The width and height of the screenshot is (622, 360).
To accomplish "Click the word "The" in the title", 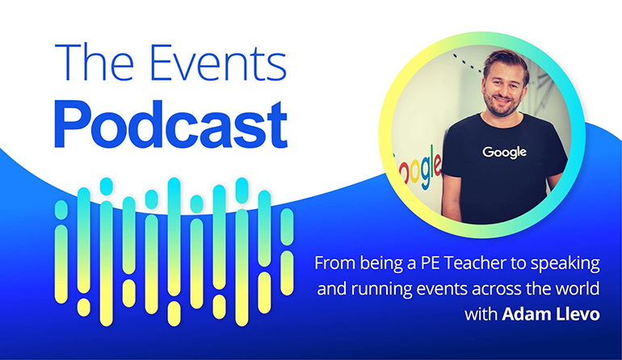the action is tap(95, 61).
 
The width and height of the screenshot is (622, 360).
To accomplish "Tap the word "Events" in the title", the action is tap(218, 61).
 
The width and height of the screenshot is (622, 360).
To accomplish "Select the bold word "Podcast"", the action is tap(170, 124).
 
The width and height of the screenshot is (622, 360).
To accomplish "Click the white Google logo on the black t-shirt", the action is tap(504, 153).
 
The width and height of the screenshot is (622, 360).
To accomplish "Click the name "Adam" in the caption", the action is tap(526, 314).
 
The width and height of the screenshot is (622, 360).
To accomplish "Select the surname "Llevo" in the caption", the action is tap(578, 314).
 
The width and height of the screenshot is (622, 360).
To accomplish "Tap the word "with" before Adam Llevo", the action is tap(481, 314).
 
